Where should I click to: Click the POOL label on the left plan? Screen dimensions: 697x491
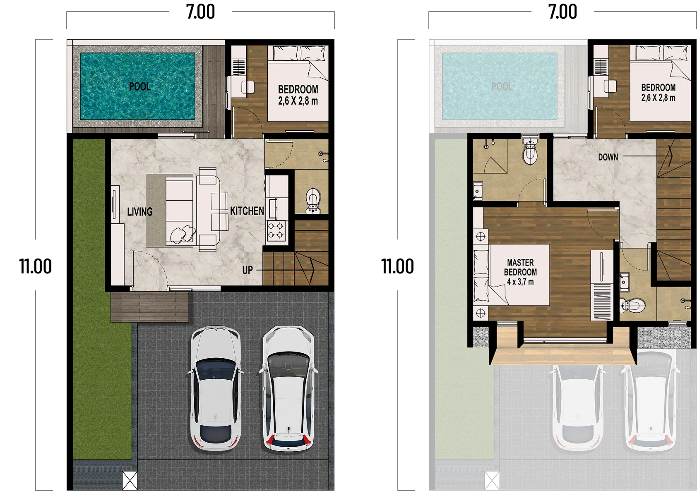point(140,86)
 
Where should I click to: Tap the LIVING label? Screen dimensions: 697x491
point(140,212)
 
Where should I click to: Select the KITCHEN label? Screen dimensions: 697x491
point(247,211)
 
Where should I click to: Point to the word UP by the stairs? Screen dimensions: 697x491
point(248,270)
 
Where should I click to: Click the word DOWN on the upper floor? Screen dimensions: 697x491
point(608,157)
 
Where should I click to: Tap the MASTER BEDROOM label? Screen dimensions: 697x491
point(520,267)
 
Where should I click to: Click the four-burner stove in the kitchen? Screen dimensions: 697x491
point(276,230)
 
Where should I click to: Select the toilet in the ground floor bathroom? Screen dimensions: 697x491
point(313,201)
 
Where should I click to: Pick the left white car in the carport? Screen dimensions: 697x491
point(216,388)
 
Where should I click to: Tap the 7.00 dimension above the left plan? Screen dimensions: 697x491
point(200,12)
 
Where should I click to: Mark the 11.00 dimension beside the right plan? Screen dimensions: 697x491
point(398,266)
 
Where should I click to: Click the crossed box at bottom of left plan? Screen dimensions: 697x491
point(130,481)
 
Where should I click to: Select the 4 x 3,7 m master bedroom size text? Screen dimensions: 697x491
point(520,282)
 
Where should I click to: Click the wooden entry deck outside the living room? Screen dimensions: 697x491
point(150,307)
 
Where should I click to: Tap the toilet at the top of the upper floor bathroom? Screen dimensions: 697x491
point(530,152)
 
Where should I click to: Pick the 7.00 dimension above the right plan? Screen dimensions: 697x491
point(562,12)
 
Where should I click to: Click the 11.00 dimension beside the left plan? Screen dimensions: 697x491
point(36,266)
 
